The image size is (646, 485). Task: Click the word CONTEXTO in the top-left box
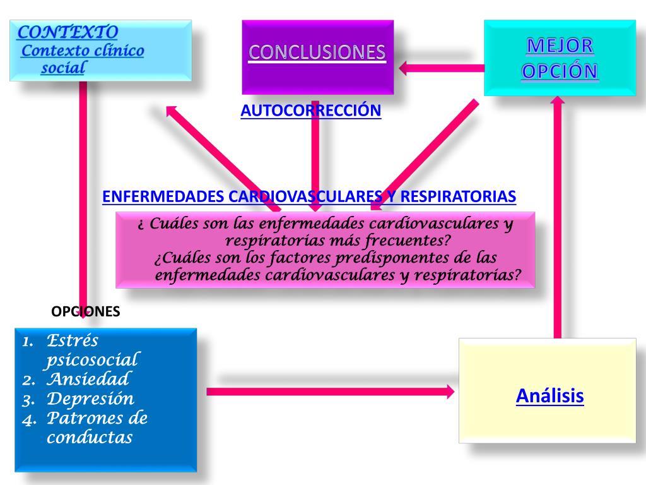click(68, 32)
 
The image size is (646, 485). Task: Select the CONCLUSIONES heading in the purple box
click(317, 52)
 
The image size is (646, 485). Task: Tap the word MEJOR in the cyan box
click(560, 45)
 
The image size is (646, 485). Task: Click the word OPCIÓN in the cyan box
click(560, 71)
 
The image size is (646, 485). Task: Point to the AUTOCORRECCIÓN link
click(310, 111)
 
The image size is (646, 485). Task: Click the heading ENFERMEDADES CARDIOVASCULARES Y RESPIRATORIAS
click(309, 196)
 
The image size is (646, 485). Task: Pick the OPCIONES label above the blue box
click(85, 311)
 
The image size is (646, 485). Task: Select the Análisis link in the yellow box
click(549, 396)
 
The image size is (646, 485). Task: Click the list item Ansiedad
click(88, 380)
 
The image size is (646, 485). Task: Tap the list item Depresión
click(90, 399)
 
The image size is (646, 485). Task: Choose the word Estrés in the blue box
click(73, 341)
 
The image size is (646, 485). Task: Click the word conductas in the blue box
click(89, 437)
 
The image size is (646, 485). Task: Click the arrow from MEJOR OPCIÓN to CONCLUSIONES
click(441, 67)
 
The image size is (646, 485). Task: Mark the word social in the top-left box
click(63, 68)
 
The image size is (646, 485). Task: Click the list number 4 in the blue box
click(27, 419)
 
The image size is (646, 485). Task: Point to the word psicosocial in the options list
click(91, 360)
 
